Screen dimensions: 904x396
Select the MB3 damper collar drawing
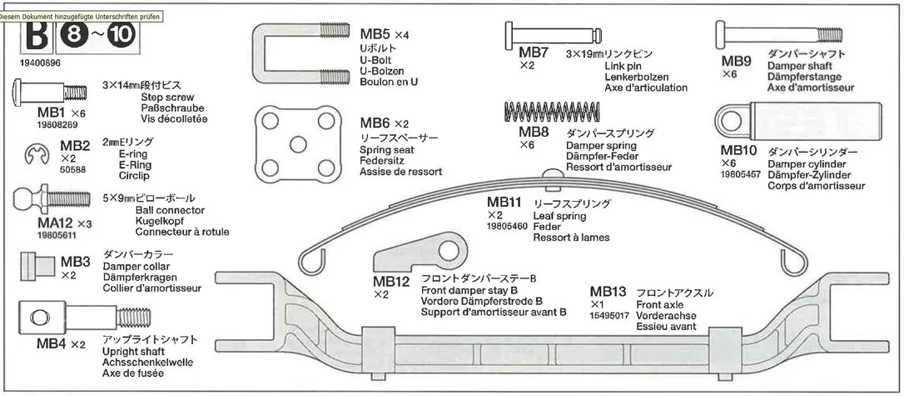pyautogui.click(x=35, y=266)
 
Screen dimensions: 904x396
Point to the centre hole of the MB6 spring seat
pyautogui.click(x=297, y=143)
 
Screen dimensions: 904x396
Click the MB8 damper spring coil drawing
pyautogui.click(x=552, y=111)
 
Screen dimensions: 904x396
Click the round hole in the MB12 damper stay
pyautogui.click(x=448, y=251)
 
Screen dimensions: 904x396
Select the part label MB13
pyautogui.click(x=608, y=292)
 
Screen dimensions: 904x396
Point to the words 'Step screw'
pyautogui.click(x=167, y=98)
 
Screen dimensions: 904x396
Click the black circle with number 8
pyautogui.click(x=73, y=36)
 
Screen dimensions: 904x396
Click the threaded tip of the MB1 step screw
pyautogui.click(x=76, y=92)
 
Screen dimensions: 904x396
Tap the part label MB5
pyautogui.click(x=375, y=34)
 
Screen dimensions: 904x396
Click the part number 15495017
pyautogui.click(x=609, y=316)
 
